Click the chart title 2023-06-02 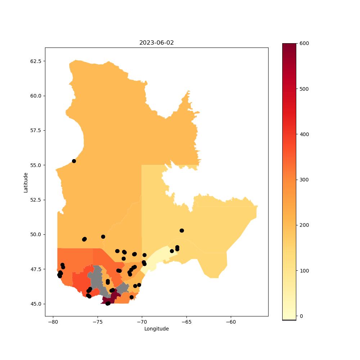[156, 43]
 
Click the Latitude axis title [26, 183]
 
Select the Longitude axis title [156, 329]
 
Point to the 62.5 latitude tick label [36, 61]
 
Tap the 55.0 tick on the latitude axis [36, 165]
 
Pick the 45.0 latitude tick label [36, 304]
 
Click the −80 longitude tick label [53, 322]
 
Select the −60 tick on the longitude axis [231, 322]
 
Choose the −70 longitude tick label [142, 322]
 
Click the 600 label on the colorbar [304, 44]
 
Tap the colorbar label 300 [304, 180]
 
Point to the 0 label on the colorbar [301, 316]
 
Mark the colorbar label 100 [304, 271]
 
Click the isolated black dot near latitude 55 [74, 161]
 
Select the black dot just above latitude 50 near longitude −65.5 [182, 230]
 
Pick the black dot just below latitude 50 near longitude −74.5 [103, 237]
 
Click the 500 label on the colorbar [304, 89]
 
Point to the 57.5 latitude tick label [36, 130]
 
